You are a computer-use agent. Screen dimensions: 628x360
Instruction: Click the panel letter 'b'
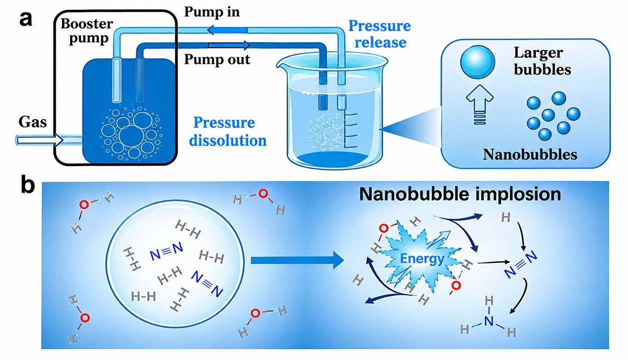coord(28,185)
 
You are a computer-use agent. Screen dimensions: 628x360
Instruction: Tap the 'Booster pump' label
coord(87,31)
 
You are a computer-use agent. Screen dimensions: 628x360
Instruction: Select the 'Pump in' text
coord(212,12)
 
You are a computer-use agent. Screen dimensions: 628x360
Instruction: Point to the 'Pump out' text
coord(217,59)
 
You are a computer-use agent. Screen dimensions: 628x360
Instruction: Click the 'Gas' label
coord(33,122)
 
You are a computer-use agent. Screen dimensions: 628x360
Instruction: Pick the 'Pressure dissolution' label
coord(228,131)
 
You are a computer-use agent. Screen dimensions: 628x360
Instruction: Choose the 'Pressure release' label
coord(380,34)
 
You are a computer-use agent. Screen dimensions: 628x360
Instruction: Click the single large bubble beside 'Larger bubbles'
coord(477,62)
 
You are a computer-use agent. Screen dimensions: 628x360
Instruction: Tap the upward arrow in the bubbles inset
coord(480,104)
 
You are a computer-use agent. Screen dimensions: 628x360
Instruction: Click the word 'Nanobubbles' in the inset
coord(530,154)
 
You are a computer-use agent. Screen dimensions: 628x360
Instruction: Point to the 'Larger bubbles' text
coord(542,61)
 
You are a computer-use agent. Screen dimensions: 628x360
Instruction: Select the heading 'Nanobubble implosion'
coord(460,194)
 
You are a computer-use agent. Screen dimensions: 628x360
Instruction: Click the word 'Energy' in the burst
coord(422,258)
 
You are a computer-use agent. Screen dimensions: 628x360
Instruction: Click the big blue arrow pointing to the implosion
coord(297,260)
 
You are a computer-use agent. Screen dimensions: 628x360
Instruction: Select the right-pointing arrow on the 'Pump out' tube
coord(229,45)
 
